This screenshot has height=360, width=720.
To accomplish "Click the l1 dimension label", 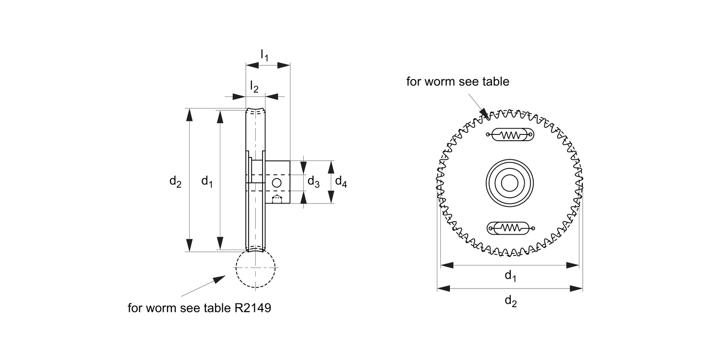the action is click(264, 55).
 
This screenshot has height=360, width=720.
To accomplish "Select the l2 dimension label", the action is click(254, 87).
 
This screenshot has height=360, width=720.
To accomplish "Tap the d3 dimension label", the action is click(313, 182).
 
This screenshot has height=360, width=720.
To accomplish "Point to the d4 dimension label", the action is click(341, 182).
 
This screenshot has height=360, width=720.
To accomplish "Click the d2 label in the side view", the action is click(176, 181).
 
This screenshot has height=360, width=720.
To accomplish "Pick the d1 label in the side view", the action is click(207, 181).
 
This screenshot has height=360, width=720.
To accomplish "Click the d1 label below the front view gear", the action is click(510, 276).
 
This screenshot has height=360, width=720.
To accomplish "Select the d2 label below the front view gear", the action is click(511, 301).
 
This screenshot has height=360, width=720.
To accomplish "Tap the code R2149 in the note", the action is click(252, 308).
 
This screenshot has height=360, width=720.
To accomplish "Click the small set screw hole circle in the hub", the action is click(277, 183).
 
